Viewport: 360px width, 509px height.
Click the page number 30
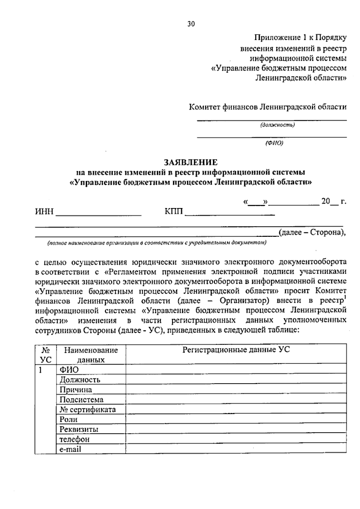pyautogui.click(x=191, y=24)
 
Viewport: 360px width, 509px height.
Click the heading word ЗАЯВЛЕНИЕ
pyautogui.click(x=190, y=162)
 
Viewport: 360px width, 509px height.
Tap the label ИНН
pyautogui.click(x=44, y=212)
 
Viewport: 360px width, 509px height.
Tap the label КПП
pyautogui.click(x=174, y=212)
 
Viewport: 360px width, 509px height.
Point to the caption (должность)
pyautogui.click(x=277, y=125)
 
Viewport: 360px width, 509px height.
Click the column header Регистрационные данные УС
pyautogui.click(x=236, y=350)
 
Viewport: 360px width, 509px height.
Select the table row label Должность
pyautogui.click(x=80, y=380)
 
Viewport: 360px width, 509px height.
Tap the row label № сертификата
pyautogui.click(x=87, y=409)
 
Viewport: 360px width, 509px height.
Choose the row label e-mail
pyautogui.click(x=70, y=449)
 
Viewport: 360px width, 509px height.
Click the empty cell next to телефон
pyautogui.click(x=236, y=439)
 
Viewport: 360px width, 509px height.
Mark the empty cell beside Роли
pyautogui.click(x=236, y=419)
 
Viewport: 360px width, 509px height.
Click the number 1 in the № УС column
pyautogui.click(x=39, y=370)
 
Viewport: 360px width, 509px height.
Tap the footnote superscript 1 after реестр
pyautogui.click(x=345, y=297)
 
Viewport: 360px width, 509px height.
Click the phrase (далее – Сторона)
pyautogui.click(x=311, y=232)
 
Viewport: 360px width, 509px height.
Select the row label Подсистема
pyautogui.click(x=81, y=400)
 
